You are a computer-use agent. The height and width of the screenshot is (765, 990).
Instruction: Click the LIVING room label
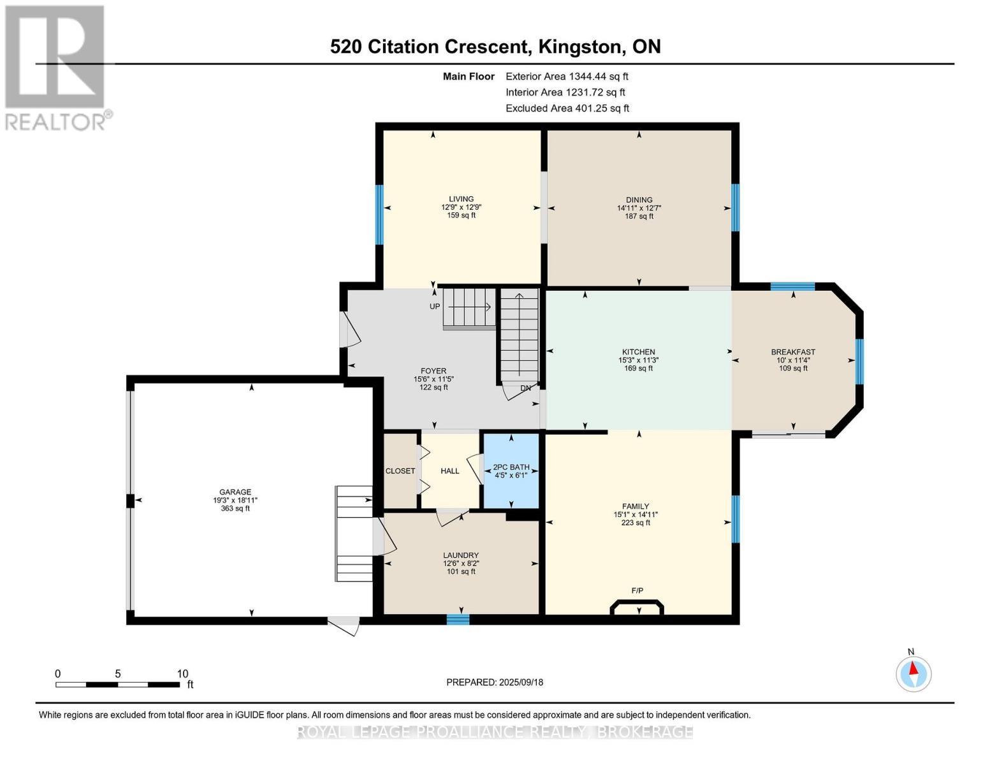click(461, 199)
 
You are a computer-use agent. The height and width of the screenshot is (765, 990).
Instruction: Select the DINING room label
click(639, 200)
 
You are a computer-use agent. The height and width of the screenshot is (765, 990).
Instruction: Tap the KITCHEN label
click(638, 352)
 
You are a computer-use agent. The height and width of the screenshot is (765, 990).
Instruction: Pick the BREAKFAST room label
click(793, 352)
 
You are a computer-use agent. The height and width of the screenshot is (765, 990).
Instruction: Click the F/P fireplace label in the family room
click(637, 591)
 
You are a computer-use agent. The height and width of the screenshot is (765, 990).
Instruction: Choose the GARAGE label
click(235, 492)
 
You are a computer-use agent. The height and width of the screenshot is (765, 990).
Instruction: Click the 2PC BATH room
click(511, 470)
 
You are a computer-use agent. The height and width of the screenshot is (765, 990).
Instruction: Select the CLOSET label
click(400, 471)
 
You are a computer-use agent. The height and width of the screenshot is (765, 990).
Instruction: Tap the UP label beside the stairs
click(435, 307)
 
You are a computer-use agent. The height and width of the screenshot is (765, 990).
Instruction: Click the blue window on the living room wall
click(379, 215)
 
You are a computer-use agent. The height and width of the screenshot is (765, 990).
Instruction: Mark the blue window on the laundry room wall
click(458, 619)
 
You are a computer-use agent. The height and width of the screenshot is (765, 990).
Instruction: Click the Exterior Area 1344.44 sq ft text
click(567, 76)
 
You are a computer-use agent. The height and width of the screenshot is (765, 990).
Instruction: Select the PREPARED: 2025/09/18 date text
click(494, 683)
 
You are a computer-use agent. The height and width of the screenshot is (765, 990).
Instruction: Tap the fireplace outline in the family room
click(636, 608)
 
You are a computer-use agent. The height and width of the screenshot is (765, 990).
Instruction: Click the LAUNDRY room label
click(461, 555)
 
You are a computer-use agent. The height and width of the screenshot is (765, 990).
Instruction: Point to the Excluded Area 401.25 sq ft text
click(567, 108)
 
